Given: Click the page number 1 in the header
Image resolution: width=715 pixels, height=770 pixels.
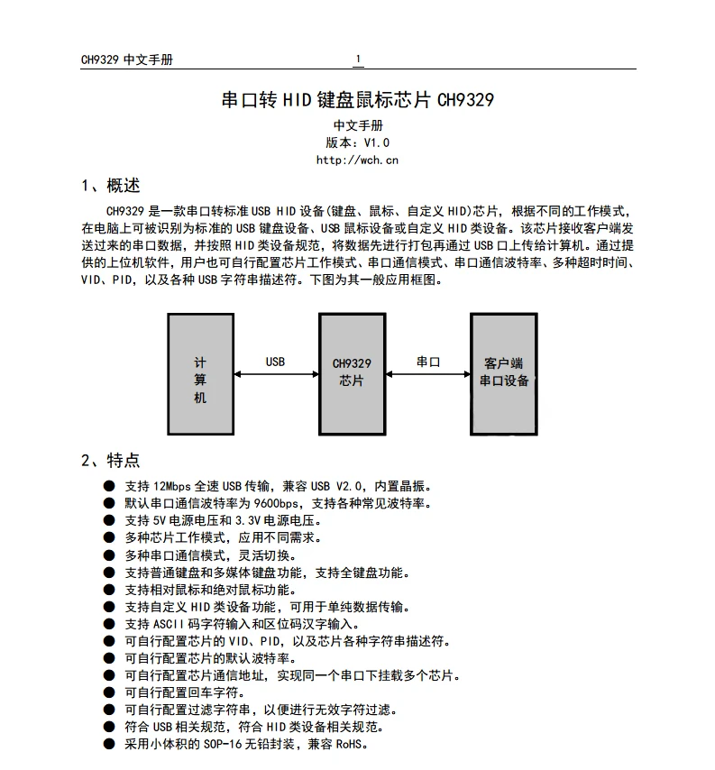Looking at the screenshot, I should click(358, 60).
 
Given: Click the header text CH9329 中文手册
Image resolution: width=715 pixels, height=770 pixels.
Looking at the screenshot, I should click(127, 60).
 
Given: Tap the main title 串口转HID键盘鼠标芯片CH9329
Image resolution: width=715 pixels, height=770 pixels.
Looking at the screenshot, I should click(358, 100).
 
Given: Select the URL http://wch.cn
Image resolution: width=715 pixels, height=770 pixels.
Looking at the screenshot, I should click(357, 160).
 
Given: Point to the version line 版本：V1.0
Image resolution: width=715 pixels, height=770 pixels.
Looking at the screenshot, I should click(358, 142).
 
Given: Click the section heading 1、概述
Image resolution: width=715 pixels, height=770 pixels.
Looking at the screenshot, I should click(111, 187).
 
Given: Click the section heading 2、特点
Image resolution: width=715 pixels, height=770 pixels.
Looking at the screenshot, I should click(111, 461).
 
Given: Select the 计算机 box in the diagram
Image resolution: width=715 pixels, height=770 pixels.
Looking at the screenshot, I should click(200, 374).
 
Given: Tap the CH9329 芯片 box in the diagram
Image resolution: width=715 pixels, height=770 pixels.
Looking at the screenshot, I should click(352, 374).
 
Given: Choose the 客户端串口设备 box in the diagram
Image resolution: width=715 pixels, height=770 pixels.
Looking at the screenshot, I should click(504, 374).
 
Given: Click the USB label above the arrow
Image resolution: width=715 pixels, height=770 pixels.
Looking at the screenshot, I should click(275, 362).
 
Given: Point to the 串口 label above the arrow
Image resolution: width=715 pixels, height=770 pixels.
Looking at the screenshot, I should click(428, 362).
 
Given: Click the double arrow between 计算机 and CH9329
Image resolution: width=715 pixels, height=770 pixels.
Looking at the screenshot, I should click(276, 373).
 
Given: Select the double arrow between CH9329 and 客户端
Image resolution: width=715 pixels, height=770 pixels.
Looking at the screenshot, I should click(427, 373).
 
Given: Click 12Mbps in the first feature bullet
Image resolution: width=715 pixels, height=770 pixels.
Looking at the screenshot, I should click(171, 486).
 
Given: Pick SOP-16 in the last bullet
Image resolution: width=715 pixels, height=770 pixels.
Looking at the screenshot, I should click(224, 745).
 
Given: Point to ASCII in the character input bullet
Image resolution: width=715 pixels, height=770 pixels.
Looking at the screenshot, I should click(168, 624).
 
